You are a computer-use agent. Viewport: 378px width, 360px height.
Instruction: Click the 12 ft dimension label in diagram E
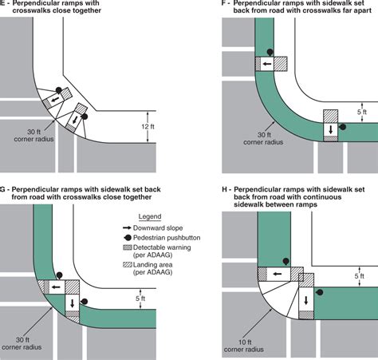[148, 127]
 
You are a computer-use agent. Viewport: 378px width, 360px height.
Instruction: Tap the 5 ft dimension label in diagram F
[362, 112]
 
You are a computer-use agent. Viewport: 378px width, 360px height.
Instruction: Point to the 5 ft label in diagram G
[140, 299]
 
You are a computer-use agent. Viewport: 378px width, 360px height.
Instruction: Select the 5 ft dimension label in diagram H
[359, 276]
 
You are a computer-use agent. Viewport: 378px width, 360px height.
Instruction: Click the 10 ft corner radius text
[244, 346]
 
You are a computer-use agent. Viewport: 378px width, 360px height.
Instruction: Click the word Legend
[150, 216]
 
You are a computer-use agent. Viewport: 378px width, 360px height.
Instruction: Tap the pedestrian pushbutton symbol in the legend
[128, 238]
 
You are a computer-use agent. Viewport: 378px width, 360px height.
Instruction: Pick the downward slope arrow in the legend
[127, 228]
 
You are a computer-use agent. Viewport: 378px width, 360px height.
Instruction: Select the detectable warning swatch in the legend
[128, 247]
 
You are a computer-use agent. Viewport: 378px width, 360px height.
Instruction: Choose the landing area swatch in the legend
[128, 265]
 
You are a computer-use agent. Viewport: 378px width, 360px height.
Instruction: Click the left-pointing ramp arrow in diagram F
[267, 64]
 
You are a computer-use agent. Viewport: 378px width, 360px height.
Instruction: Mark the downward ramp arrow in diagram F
[331, 129]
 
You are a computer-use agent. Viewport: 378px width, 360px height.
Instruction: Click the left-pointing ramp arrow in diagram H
[278, 274]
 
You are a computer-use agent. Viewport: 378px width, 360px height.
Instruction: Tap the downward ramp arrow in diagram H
[306, 300]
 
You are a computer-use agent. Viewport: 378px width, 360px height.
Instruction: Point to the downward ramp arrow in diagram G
[73, 303]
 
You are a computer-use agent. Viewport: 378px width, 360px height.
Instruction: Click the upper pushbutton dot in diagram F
[270, 52]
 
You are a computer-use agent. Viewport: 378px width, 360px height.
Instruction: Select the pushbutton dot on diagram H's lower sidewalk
[320, 292]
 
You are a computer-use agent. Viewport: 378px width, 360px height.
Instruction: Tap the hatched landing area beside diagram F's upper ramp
[281, 64]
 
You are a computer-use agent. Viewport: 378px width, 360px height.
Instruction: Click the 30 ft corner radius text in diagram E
[33, 136]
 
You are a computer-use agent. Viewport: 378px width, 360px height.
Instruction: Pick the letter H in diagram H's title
[225, 189]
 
